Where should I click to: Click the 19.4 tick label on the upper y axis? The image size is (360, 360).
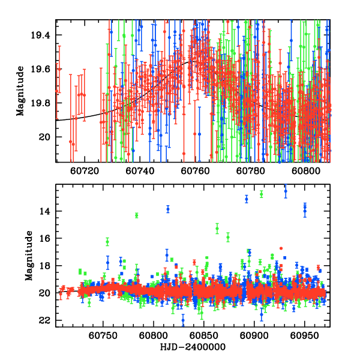click(43, 35)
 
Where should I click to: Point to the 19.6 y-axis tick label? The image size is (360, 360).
click(43, 69)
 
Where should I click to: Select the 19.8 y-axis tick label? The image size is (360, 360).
click(43, 103)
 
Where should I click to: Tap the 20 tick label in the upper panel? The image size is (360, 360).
click(47, 137)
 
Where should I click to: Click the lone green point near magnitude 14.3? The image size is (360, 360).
click(137, 215)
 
